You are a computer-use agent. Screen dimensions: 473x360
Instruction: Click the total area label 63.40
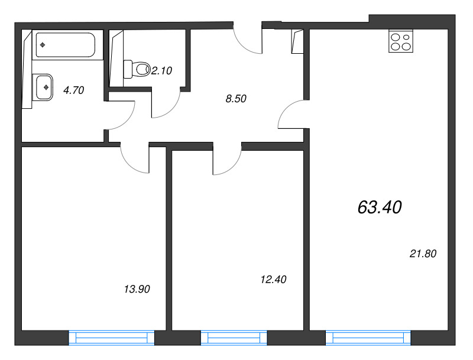click(x=380, y=207)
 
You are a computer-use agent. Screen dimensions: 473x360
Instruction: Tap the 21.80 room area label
click(x=423, y=254)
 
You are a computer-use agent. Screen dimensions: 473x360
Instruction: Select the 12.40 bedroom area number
click(x=273, y=280)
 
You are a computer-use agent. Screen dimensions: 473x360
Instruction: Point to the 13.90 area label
click(x=137, y=289)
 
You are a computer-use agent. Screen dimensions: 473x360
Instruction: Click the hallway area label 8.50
click(x=236, y=99)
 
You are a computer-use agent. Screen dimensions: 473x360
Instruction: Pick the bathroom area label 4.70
click(x=73, y=90)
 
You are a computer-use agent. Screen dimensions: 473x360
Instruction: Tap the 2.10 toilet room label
click(x=161, y=71)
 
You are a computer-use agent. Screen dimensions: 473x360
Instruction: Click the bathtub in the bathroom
click(x=66, y=45)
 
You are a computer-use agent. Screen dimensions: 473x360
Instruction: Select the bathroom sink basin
click(x=44, y=87)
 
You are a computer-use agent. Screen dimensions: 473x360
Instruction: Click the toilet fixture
click(x=137, y=69)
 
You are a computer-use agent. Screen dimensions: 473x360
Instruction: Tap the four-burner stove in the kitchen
click(x=401, y=41)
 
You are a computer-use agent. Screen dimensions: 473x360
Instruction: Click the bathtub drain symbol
click(x=43, y=45)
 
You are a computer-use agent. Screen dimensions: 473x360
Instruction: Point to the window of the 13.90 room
click(x=112, y=338)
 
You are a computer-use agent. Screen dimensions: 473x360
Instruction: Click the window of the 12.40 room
click(x=234, y=338)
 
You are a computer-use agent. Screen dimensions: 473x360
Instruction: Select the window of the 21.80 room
click(x=368, y=338)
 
